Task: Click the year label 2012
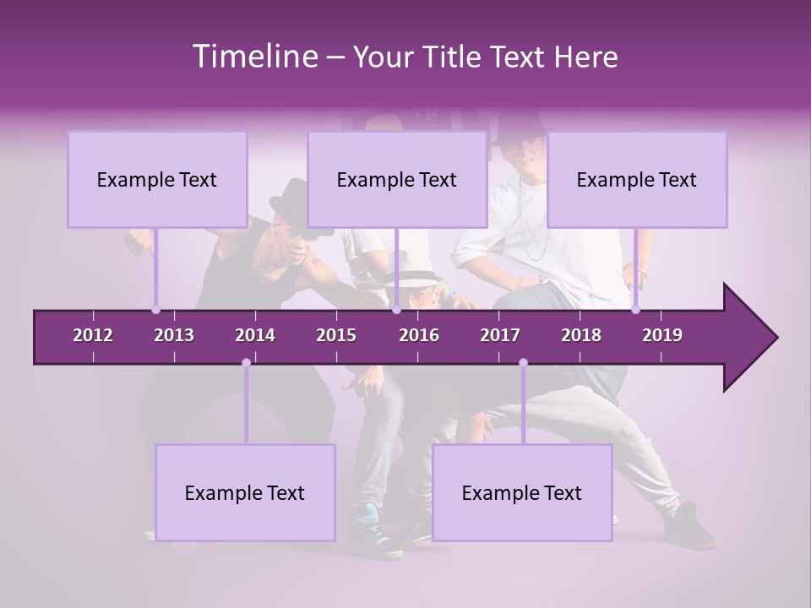[93, 335]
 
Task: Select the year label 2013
[174, 335]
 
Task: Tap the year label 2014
[255, 335]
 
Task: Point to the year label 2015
[336, 335]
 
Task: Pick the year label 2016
[419, 335]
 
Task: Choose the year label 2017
[500, 335]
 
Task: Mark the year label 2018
[581, 335]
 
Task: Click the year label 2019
[662, 335]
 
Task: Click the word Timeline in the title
[253, 57]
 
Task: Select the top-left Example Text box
[157, 179]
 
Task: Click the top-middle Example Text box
[397, 179]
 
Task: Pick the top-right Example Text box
[637, 179]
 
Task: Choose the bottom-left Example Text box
[245, 492]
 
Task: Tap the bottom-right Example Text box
[522, 492]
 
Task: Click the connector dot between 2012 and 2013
[155, 309]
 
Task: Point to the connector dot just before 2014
[246, 363]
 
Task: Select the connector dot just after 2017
[523, 363]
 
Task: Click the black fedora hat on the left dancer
[287, 201]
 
